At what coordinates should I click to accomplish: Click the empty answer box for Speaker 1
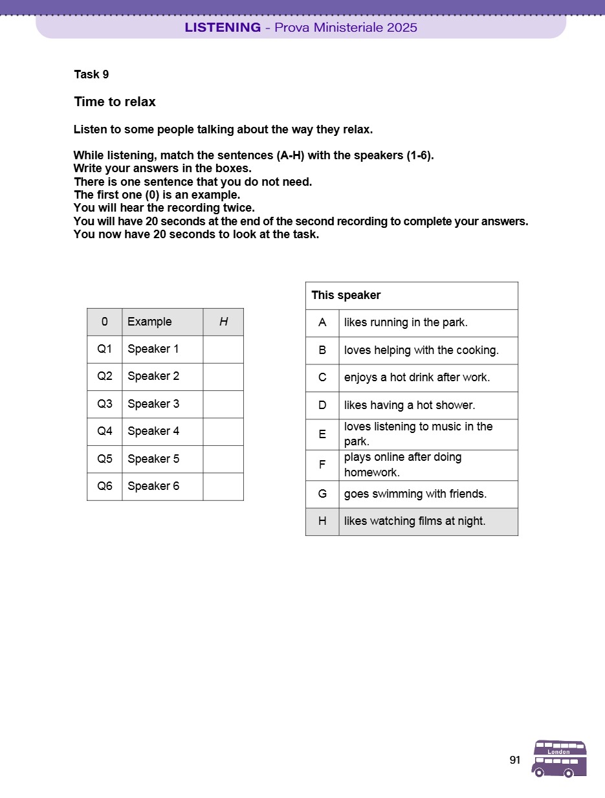223,349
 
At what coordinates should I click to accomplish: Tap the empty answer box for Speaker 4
223,432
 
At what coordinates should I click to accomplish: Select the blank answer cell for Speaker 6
223,487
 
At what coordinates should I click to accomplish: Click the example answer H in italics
223,322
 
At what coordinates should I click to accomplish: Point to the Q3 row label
105,404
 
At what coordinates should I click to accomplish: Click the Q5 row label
105,459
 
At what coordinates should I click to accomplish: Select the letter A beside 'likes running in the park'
322,323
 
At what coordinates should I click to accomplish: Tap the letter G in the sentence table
322,494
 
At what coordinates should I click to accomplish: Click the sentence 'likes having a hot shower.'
410,406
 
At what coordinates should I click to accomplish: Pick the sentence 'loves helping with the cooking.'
421,351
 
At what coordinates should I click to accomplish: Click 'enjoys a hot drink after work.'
417,378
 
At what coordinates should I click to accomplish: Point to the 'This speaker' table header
346,296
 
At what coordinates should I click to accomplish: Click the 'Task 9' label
91,74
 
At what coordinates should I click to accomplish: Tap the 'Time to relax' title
115,102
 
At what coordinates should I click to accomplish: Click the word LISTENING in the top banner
223,27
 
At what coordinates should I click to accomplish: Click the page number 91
515,760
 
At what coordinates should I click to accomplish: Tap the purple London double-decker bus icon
559,759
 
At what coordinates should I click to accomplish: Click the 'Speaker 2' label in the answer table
153,377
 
